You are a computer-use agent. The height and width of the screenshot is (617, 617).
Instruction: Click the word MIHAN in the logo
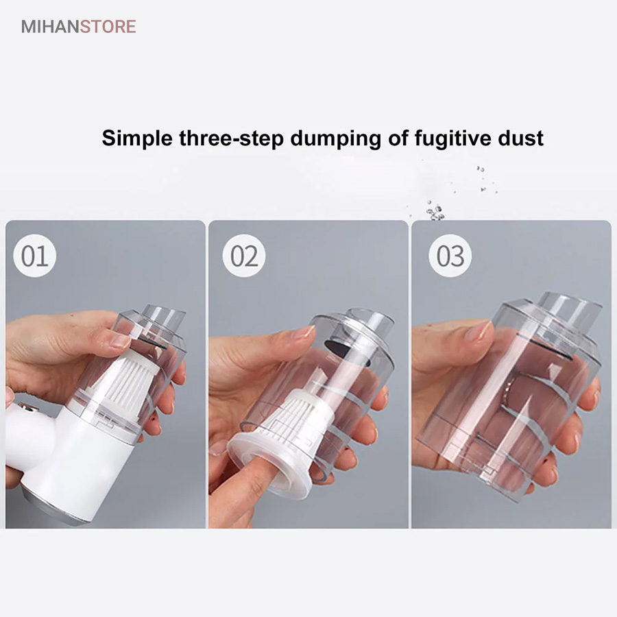(51, 27)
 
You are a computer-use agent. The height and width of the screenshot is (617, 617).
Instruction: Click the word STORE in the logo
(108, 27)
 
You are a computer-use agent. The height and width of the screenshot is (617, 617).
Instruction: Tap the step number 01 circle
(35, 256)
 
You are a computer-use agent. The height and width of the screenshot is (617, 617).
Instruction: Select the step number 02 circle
(244, 256)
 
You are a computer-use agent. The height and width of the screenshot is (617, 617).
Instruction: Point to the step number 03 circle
(450, 256)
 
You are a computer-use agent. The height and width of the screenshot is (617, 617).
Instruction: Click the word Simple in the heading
(137, 138)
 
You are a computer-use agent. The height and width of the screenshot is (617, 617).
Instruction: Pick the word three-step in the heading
(232, 138)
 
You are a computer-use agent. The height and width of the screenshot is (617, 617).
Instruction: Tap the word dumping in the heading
(336, 139)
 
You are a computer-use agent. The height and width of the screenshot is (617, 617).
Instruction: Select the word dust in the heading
(520, 138)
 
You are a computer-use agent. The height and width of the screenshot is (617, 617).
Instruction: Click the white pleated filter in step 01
(129, 374)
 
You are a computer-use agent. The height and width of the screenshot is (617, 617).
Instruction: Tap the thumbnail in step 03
(477, 330)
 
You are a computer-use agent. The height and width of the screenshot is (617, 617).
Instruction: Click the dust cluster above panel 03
(435, 210)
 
